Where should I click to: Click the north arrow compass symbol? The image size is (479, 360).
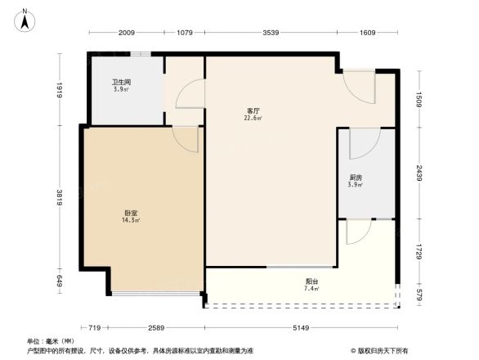[25, 20]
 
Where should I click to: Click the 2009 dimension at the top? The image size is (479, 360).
[126, 34]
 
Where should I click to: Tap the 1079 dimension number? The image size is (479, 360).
[184, 34]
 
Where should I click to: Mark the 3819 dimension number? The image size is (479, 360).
[60, 199]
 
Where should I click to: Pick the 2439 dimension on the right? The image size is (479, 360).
[419, 174]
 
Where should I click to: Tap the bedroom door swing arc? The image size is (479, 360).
[187, 139]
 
